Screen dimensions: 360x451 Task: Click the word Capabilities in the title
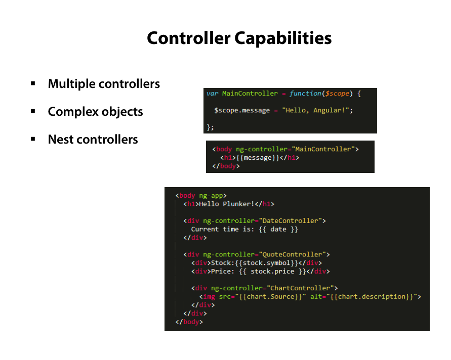click(x=282, y=38)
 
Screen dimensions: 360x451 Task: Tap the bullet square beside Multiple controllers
click(x=33, y=83)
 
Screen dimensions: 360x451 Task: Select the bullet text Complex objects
click(x=95, y=112)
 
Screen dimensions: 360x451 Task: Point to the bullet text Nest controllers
click(x=93, y=140)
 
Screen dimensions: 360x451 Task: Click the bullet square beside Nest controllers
click(x=33, y=139)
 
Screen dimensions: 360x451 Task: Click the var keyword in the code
click(x=212, y=94)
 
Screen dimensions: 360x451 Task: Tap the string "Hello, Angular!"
click(x=316, y=110)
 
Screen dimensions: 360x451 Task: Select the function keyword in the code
click(x=305, y=94)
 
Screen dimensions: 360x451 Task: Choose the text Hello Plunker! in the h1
click(x=226, y=204)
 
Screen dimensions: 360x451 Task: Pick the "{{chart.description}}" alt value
click(x=373, y=297)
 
